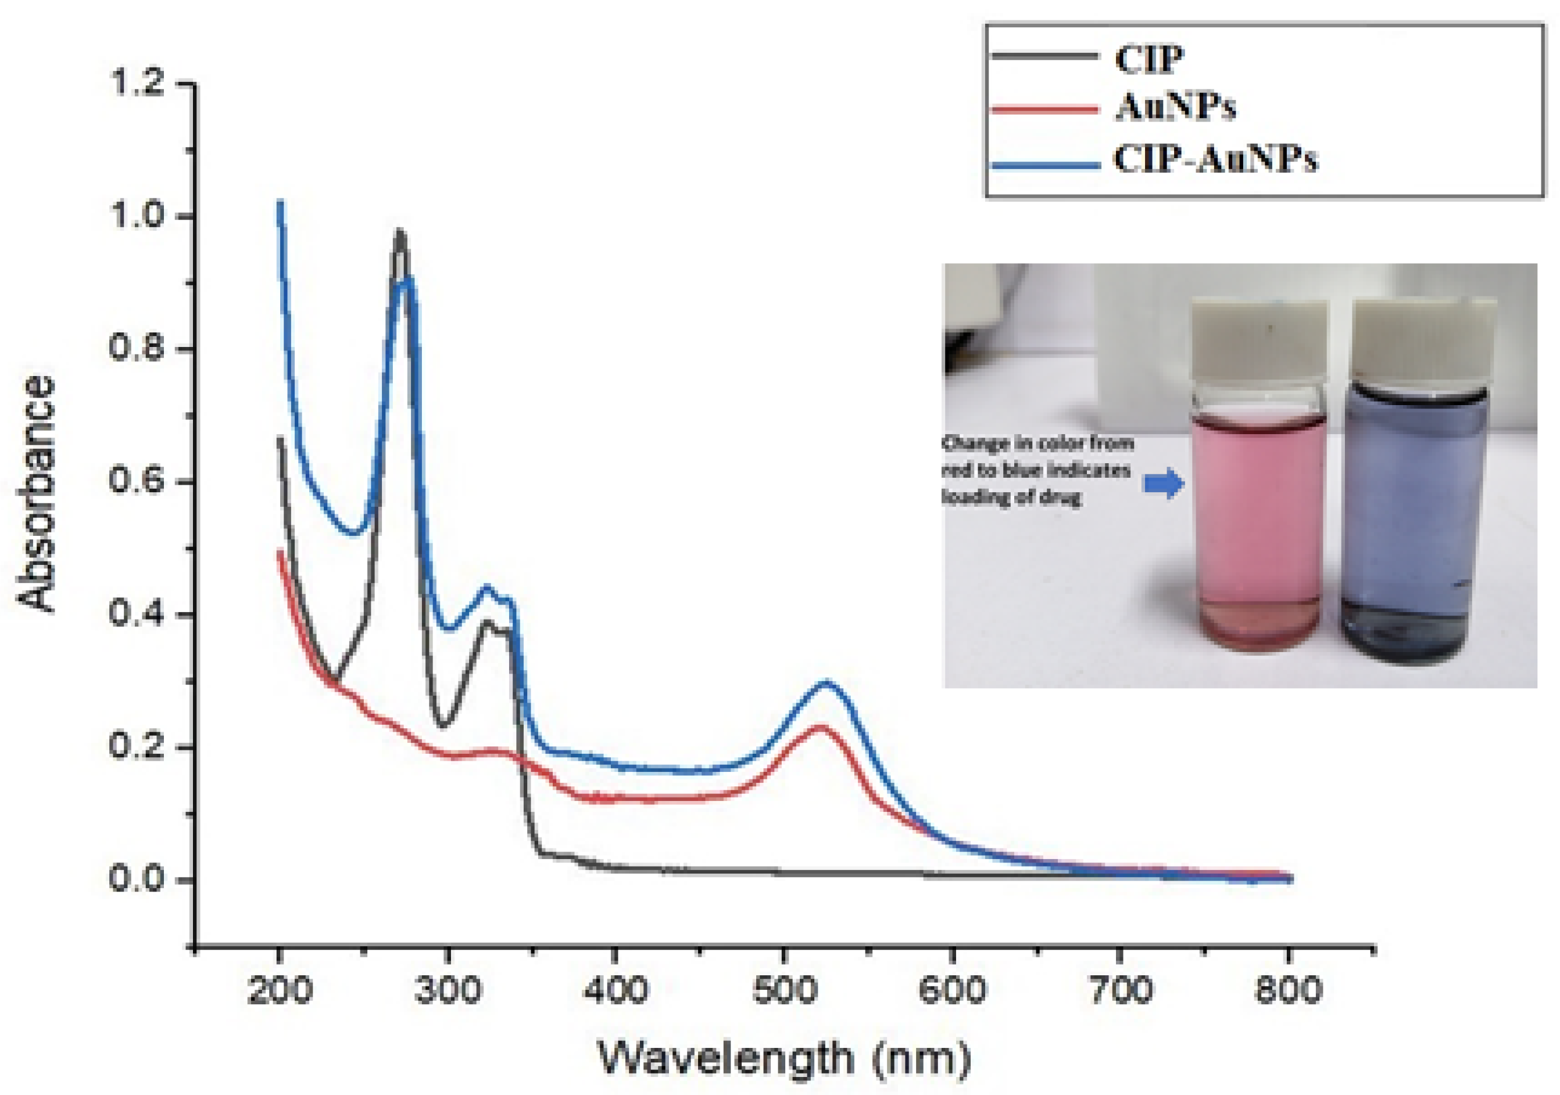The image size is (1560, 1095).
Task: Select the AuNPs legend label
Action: [x=1175, y=108]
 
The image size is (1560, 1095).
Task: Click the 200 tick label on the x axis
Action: [x=279, y=990]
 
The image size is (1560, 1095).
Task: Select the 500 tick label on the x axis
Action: [x=784, y=990]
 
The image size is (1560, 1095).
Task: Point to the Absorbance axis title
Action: [x=35, y=495]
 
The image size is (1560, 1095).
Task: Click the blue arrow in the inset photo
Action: [x=1164, y=484]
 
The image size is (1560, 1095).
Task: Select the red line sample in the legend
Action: [x=1044, y=109]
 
